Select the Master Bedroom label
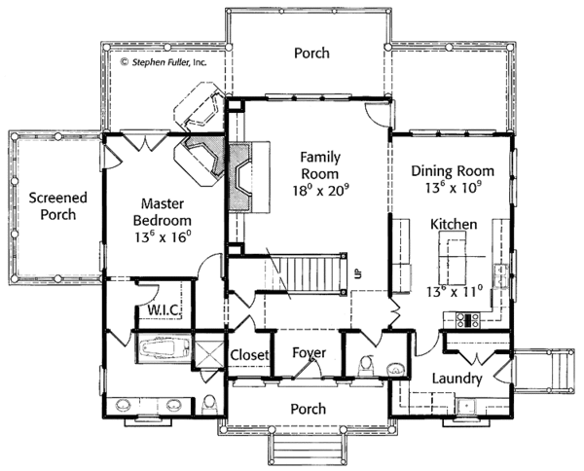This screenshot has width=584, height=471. pos(164,213)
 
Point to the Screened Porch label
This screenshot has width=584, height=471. pos(57,206)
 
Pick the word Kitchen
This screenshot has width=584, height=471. pos(454,225)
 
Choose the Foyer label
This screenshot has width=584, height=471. pos(309,352)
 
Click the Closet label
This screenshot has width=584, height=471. pos(249,356)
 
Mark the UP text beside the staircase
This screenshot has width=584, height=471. pos(357,273)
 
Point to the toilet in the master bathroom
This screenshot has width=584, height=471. pos(210,404)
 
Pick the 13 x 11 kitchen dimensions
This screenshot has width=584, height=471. pos(454,288)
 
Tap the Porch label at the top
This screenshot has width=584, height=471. pos(311,54)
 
